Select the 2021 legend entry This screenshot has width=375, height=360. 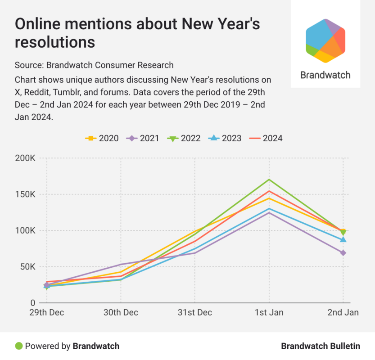143,138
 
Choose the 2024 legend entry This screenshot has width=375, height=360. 266,138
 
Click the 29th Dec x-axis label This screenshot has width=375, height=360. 47,313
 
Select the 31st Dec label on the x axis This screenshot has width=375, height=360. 195,313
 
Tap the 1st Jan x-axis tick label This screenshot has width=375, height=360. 269,313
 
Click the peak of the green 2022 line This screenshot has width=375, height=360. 269,180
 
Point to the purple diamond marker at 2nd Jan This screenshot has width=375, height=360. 343,253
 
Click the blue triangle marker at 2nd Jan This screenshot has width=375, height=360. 343,239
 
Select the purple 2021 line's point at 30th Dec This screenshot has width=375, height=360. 121,265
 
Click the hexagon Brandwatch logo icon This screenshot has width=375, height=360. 325,41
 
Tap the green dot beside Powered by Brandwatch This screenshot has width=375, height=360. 18,346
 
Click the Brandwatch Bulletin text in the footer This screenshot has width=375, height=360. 321,346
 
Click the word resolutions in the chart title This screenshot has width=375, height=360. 55,42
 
